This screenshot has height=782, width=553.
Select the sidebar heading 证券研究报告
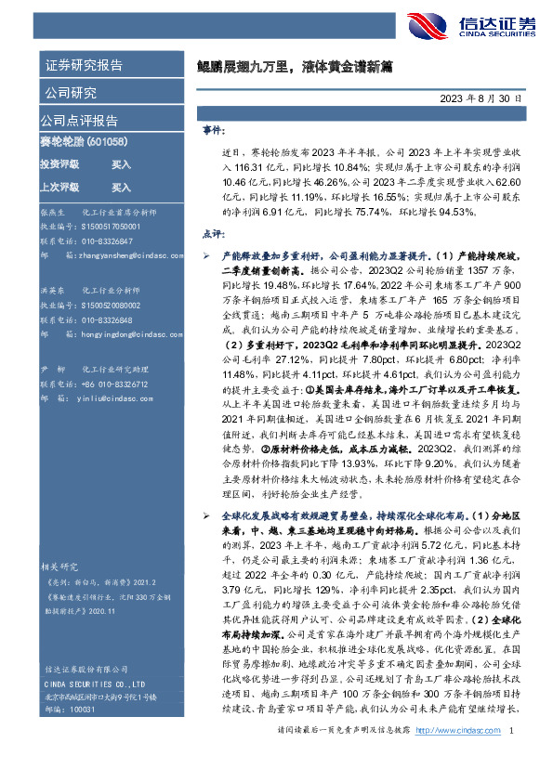pyautogui.click(x=83, y=66)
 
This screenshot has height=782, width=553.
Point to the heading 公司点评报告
pyautogui.click(x=78, y=120)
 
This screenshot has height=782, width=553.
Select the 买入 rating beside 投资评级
pyautogui.click(x=121, y=164)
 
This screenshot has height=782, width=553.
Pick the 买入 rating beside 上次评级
pyautogui.click(x=121, y=188)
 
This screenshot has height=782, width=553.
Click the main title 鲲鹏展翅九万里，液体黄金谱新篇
pyautogui.click(x=296, y=66)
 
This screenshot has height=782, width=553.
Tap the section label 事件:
pyautogui.click(x=213, y=132)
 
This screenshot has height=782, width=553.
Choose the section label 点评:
pyautogui.click(x=213, y=233)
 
